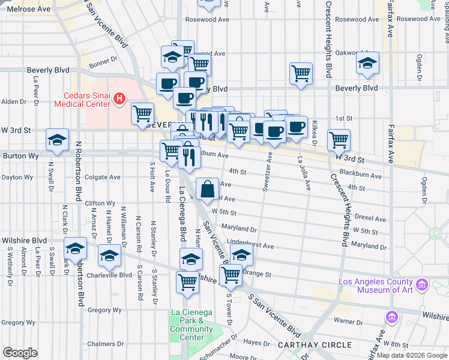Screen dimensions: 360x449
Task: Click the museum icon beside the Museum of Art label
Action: pyautogui.click(x=422, y=283)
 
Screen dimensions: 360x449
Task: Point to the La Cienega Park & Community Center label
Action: pyautogui.click(x=191, y=324)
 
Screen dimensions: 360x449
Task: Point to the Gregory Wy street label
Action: pyautogui.click(x=104, y=310)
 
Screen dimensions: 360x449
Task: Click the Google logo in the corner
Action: pyautogui.click(x=20, y=352)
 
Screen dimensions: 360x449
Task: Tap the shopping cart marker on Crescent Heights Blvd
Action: pyautogui.click(x=339, y=140)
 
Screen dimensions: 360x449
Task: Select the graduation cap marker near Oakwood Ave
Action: pyautogui.click(x=367, y=62)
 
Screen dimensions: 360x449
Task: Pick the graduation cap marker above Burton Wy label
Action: pyautogui.click(x=57, y=141)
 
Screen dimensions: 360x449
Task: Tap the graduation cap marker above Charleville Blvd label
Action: pyautogui.click(x=109, y=256)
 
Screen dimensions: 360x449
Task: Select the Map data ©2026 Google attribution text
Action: pyautogui.click(x=411, y=355)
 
